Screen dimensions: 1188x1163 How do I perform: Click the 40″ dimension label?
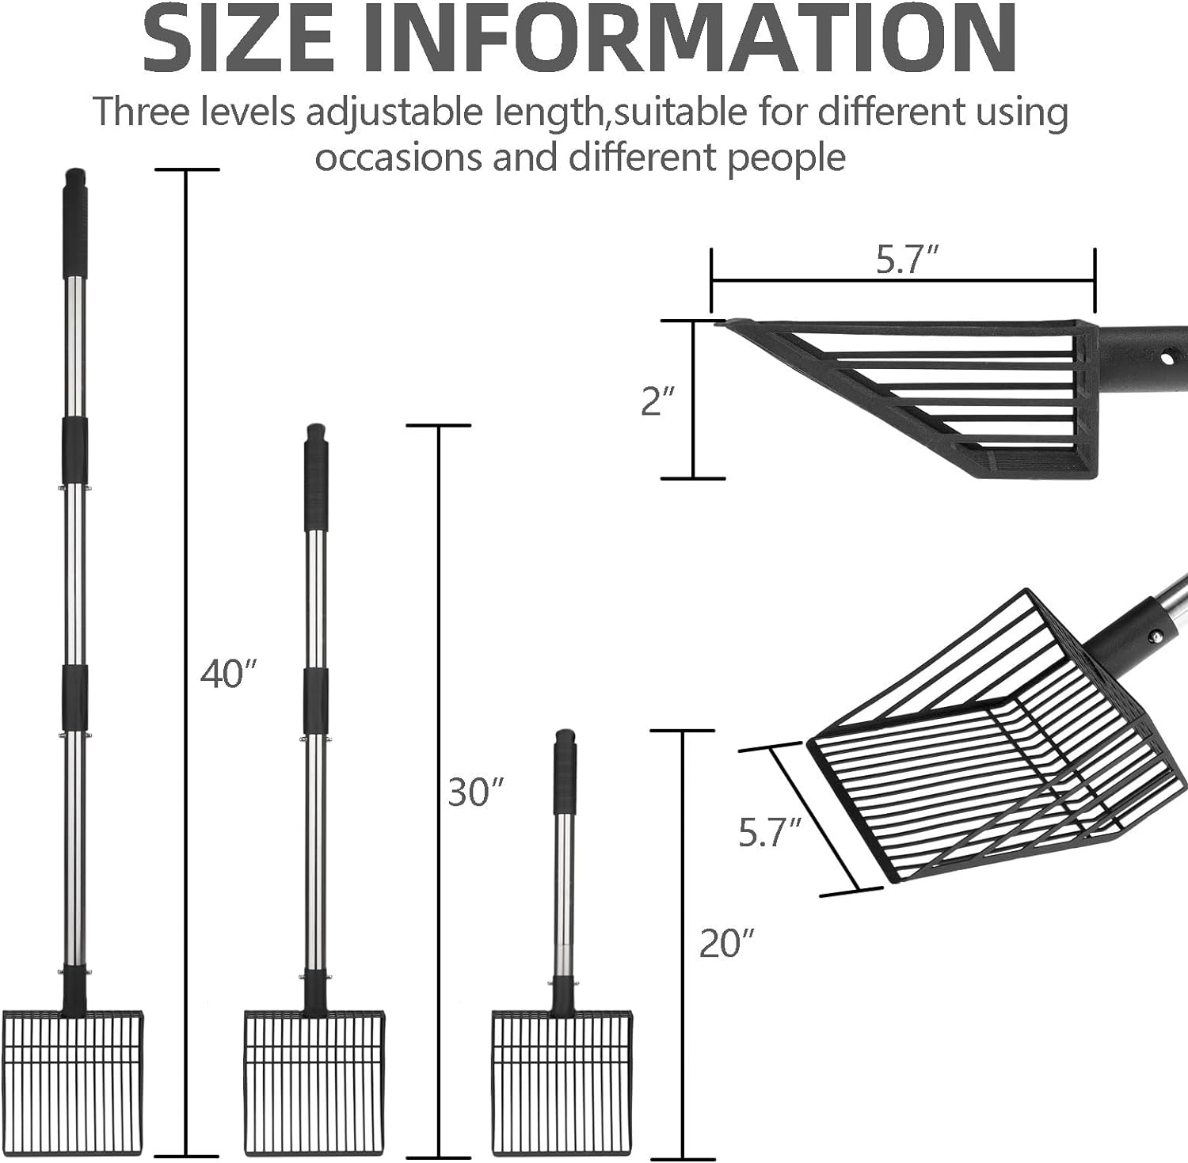229,674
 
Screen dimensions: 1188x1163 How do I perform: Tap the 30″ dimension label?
476,792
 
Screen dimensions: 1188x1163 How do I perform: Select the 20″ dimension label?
727,943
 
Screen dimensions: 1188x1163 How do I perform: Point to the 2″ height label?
657,401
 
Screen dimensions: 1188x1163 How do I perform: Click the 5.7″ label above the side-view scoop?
907,260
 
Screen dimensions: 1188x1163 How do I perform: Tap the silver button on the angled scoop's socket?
1156,635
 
